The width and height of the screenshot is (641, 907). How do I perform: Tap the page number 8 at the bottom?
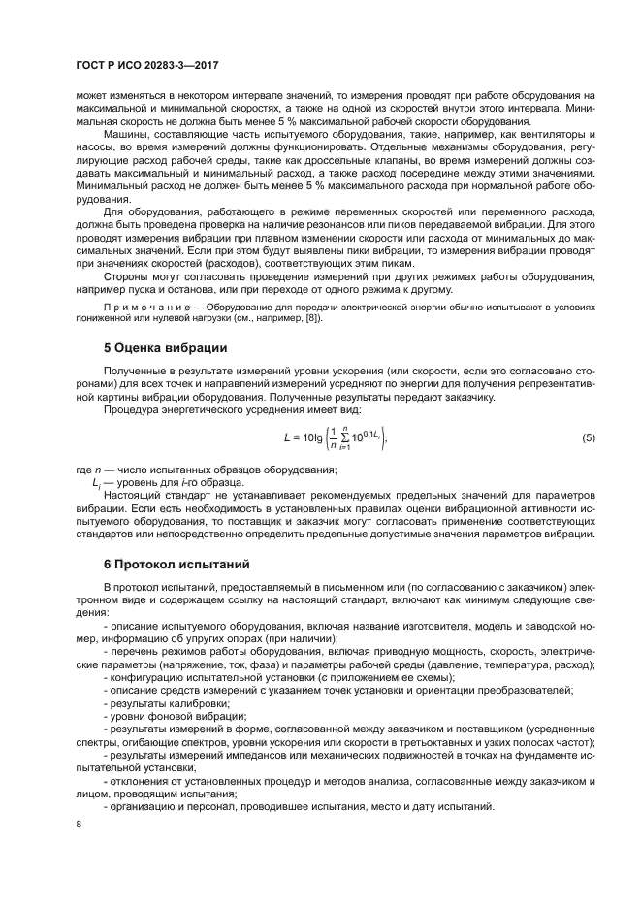click(x=79, y=824)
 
